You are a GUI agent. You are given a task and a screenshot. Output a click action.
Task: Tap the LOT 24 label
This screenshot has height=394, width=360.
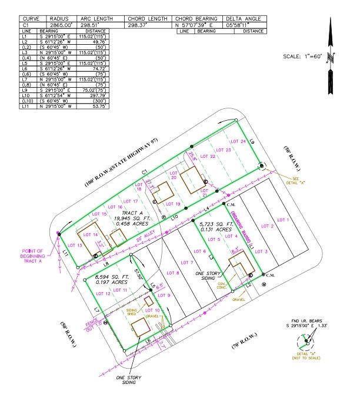(238, 141)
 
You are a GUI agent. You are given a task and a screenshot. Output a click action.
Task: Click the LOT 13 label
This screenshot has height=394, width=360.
(76, 245)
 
